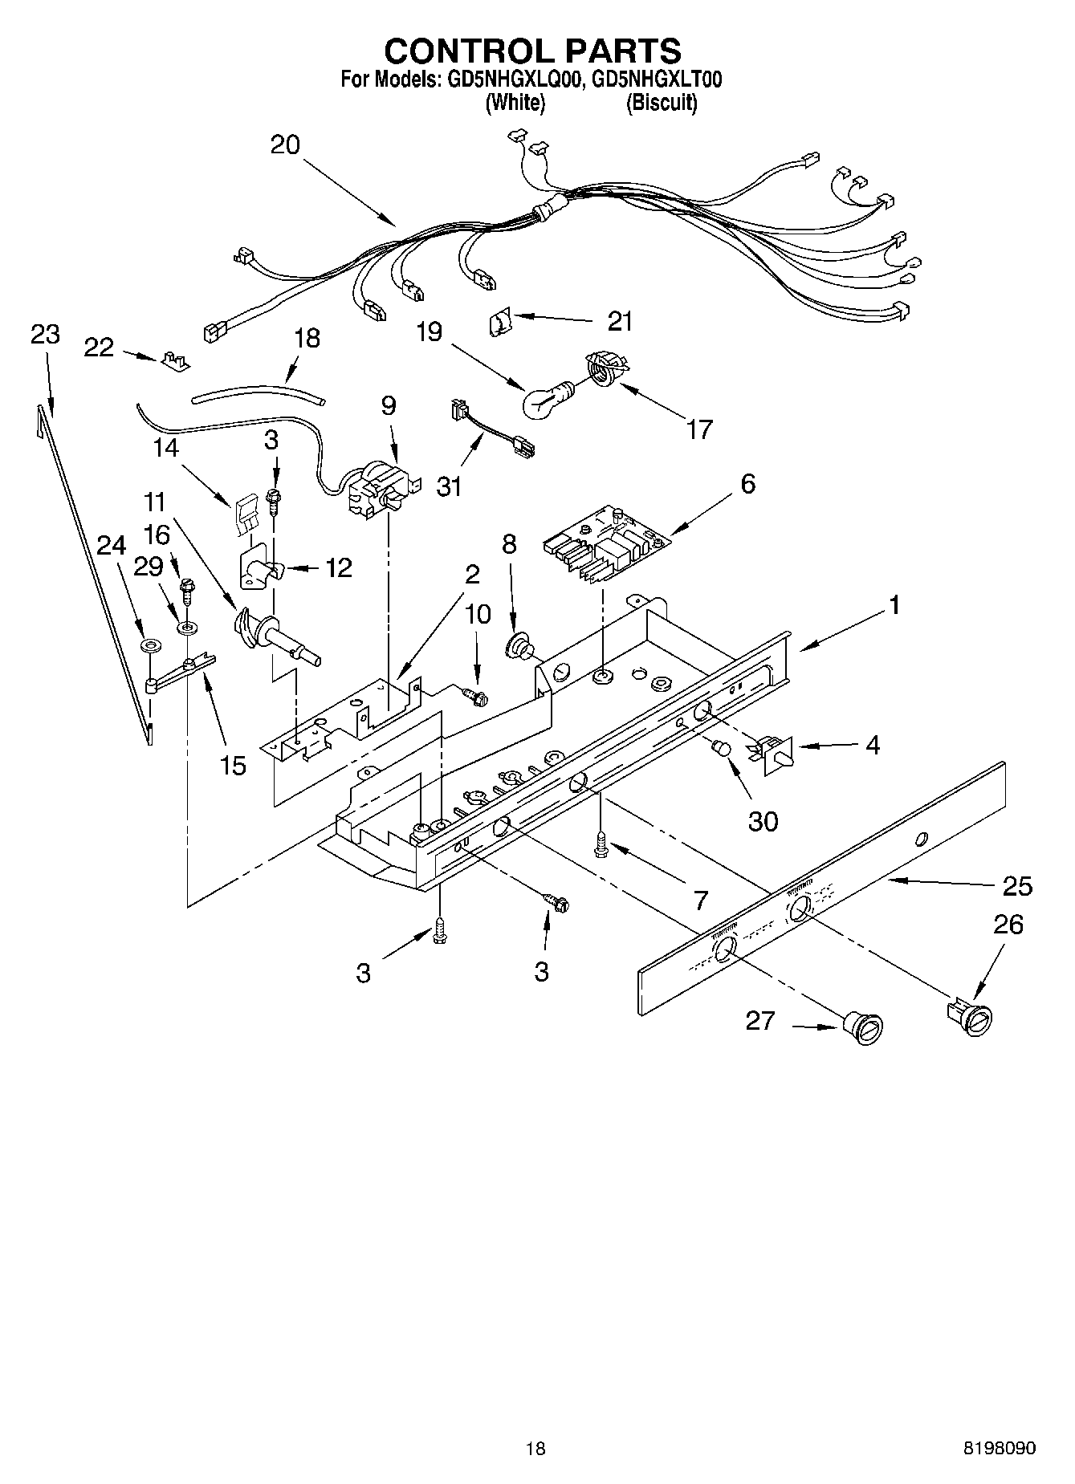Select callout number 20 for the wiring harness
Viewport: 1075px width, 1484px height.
click(285, 144)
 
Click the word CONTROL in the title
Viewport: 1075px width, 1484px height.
click(469, 51)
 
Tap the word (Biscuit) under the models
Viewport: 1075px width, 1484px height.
click(662, 103)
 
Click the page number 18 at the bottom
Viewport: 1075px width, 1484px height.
click(535, 1448)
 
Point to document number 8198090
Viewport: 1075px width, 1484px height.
click(1000, 1448)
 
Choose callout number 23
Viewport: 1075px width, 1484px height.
click(45, 334)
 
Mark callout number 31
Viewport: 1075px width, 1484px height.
click(449, 486)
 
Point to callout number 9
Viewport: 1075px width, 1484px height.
click(389, 406)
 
